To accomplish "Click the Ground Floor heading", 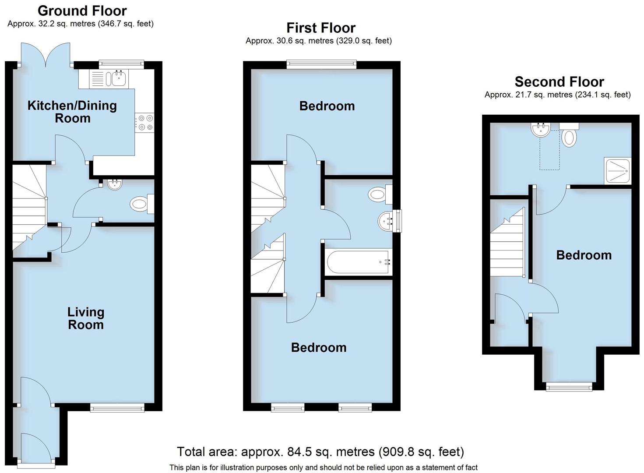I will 82,11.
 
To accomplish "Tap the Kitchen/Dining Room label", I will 72,112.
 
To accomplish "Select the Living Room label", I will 86,318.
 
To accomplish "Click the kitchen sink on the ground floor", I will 118,79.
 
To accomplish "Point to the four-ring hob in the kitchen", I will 145,122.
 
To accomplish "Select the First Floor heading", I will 320,28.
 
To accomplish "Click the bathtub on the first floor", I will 358,262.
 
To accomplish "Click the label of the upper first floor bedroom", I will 327,106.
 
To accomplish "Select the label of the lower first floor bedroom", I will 319,347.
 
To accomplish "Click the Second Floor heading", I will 559,82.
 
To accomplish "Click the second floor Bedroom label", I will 584,255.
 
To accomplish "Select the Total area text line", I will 320,452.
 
